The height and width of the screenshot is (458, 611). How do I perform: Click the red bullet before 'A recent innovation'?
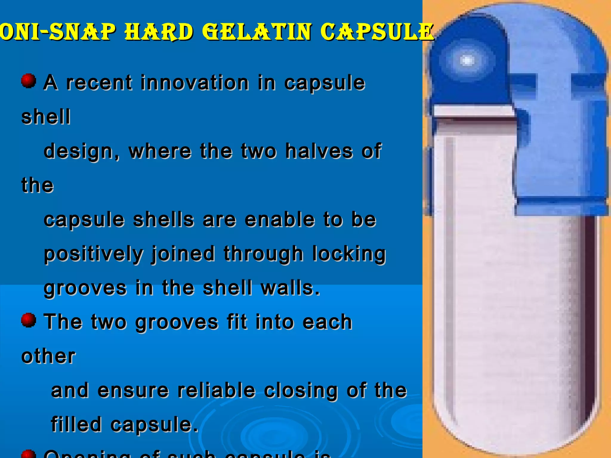coord(29,81)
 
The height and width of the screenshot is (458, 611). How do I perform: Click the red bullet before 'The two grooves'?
coord(29,320)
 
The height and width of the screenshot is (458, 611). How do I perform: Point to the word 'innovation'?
coord(195,83)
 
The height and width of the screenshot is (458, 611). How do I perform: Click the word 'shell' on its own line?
coord(46,117)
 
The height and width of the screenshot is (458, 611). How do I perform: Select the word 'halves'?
coord(319,151)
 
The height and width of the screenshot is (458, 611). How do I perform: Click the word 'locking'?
coord(349,254)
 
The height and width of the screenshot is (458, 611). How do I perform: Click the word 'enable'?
coord(280,220)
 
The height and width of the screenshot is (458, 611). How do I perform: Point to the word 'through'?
coord(263,254)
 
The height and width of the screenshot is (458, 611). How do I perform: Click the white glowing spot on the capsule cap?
coord(467,61)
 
